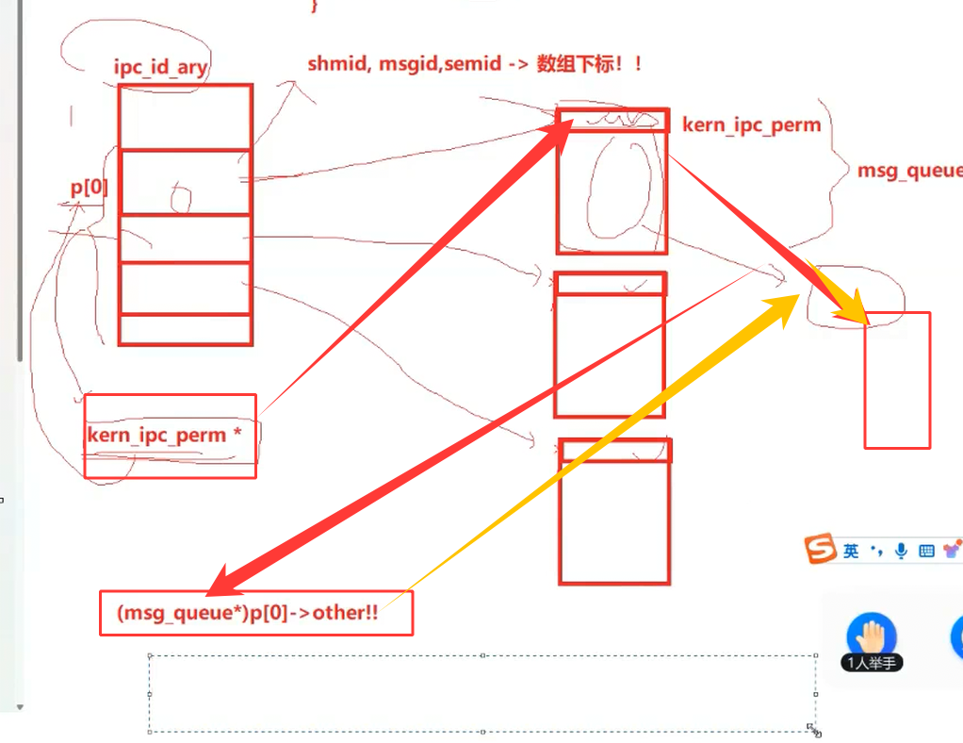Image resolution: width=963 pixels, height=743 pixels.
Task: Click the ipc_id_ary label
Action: [x=159, y=68]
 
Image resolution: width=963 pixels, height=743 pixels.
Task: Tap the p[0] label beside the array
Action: [x=90, y=187]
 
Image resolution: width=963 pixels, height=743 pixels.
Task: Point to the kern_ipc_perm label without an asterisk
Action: [x=751, y=124]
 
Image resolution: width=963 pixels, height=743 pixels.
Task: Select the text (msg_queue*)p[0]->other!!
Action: [x=248, y=613]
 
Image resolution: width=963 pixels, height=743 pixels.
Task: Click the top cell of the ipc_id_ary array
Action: [x=185, y=117]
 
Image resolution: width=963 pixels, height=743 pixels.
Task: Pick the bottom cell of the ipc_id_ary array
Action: [x=185, y=329]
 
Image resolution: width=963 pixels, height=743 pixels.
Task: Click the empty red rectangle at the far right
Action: [x=897, y=380]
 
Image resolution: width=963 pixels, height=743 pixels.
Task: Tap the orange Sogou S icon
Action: [x=820, y=549]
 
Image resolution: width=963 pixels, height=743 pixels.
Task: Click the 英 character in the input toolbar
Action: [x=852, y=551]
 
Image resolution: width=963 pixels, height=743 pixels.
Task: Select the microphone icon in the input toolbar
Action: [x=902, y=551]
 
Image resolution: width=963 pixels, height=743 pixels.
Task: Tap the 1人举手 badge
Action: [x=872, y=663]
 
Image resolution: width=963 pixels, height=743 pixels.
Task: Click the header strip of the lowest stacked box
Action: [x=615, y=450]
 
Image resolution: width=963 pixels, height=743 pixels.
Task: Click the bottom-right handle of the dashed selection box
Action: [x=812, y=729]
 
